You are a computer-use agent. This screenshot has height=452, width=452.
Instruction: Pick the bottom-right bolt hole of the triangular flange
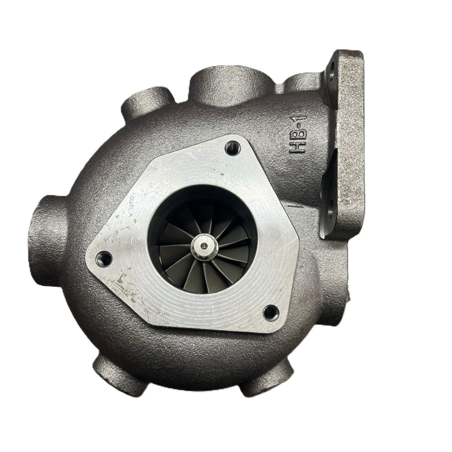272,312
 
